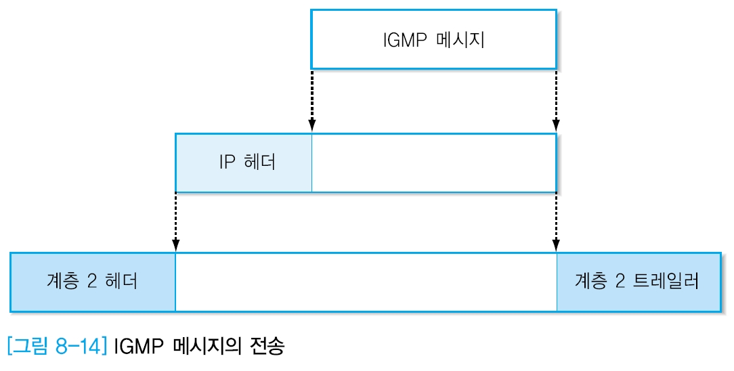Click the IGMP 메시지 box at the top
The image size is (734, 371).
click(433, 39)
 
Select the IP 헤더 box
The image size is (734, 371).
click(244, 163)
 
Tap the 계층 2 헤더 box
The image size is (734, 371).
click(93, 282)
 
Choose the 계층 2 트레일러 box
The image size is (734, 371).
click(639, 282)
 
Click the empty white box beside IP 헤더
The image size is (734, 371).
click(433, 163)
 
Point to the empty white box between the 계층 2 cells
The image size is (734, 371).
click(366, 282)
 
